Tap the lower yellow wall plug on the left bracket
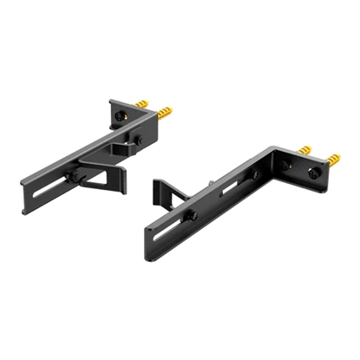pyautogui.click(x=162, y=114)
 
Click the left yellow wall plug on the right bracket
pyautogui.click(x=306, y=150)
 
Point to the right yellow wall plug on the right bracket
pyautogui.click(x=331, y=160)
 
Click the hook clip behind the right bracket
pyautogui.click(x=164, y=194)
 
